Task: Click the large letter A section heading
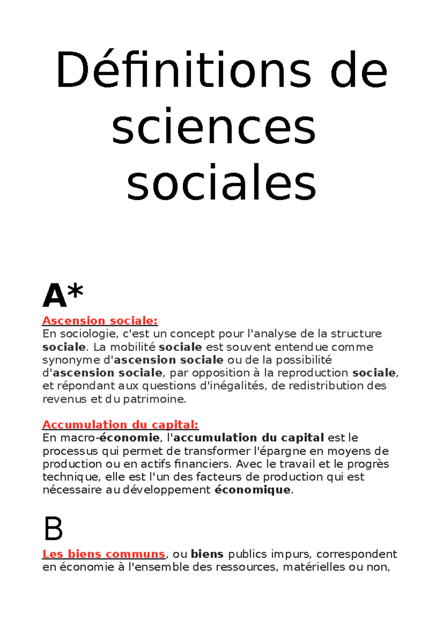pos(55,296)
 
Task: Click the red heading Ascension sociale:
pos(100,321)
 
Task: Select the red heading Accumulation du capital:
pos(120,425)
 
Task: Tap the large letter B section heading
pos(53,529)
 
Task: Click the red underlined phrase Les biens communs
pos(104,554)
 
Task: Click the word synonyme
pos(70,360)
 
